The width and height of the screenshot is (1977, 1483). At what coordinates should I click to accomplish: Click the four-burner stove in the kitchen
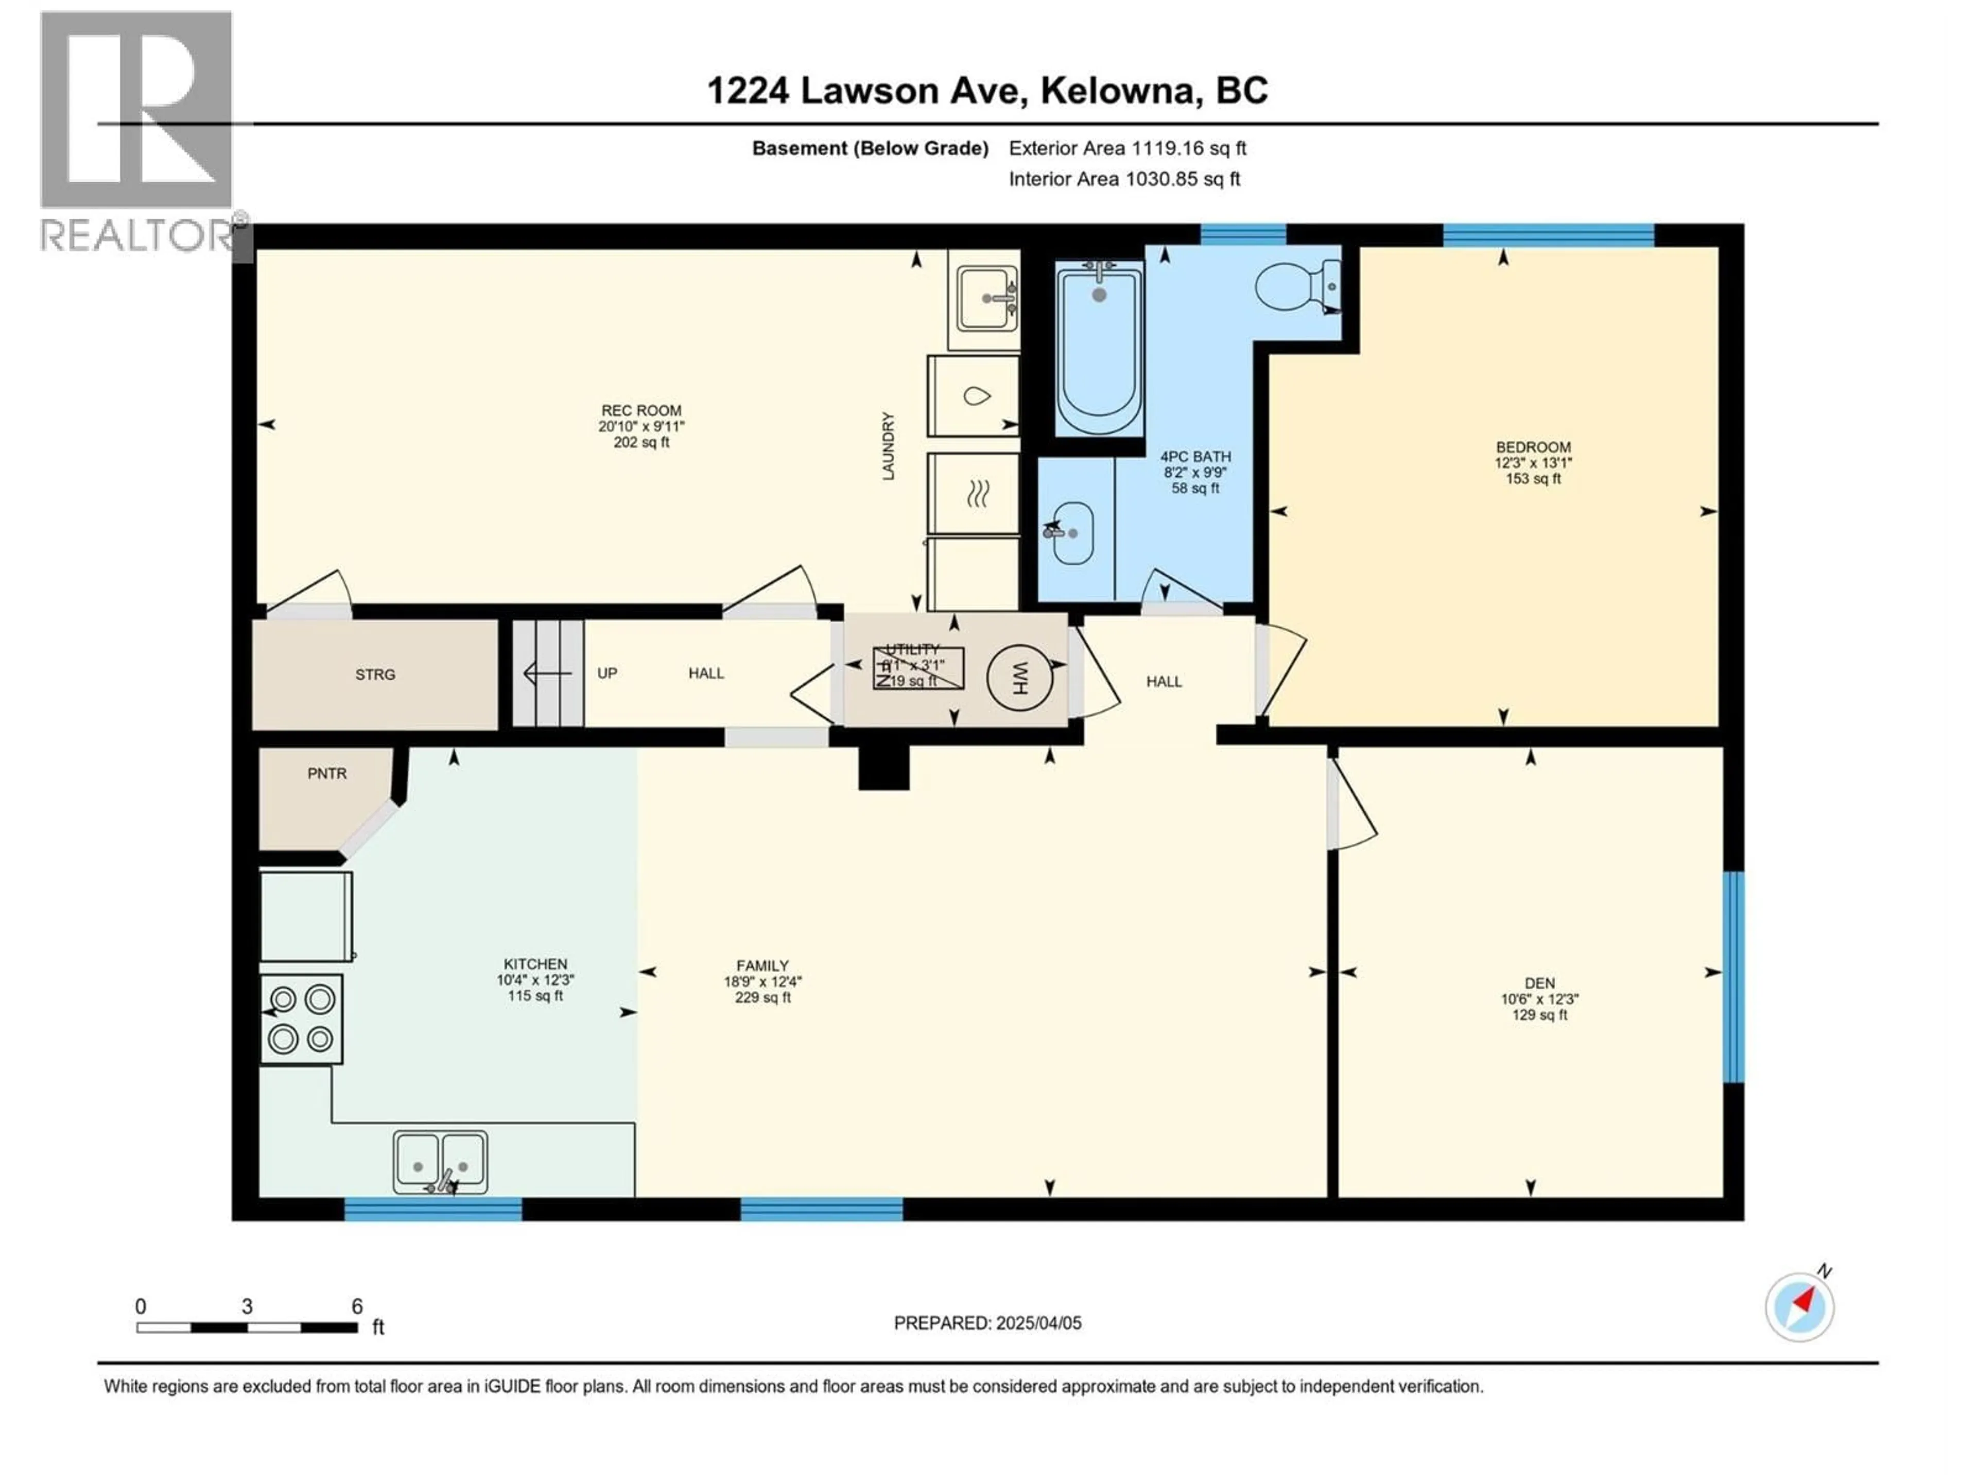pyautogui.click(x=301, y=1018)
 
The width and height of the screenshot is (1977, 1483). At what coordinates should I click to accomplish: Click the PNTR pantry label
pyautogui.click(x=327, y=773)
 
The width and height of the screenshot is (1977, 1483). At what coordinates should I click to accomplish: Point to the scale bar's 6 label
pyautogui.click(x=357, y=1306)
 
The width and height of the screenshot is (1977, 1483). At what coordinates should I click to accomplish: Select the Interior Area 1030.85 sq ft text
pyautogui.click(x=1124, y=179)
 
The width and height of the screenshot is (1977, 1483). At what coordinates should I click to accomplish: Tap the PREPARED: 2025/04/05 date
pyautogui.click(x=987, y=1323)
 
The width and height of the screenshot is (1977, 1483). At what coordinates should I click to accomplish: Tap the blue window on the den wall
pyautogui.click(x=1733, y=976)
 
